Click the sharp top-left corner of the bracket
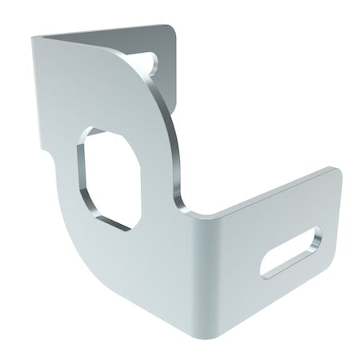pos(34,36)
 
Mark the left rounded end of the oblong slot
pos(267,269)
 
